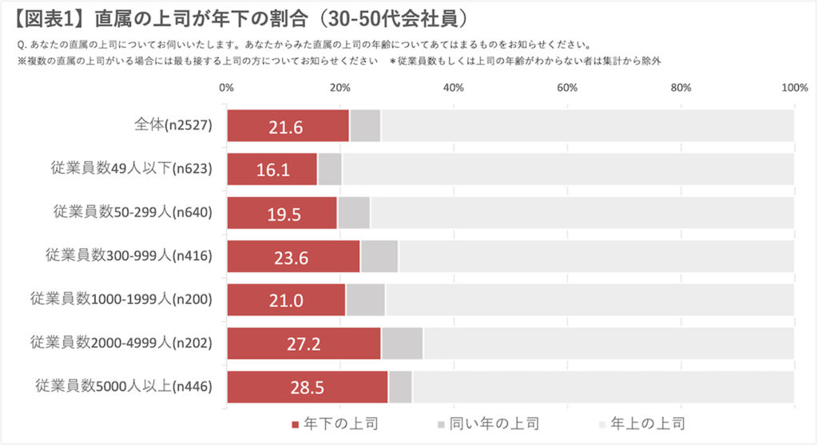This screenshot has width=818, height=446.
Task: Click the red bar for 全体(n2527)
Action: tap(288, 126)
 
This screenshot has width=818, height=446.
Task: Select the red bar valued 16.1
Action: tap(272, 169)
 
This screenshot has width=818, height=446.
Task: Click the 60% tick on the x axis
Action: tap(567, 88)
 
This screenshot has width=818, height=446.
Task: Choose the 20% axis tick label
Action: tap(340, 88)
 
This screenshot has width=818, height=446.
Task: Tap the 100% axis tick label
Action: tap(794, 88)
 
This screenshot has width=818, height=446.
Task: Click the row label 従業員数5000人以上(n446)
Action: tap(125, 387)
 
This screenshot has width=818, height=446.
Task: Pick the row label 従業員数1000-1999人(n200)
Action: tap(121, 300)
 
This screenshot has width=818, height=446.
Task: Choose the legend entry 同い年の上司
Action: tap(483, 423)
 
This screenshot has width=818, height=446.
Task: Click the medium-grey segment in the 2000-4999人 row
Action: tap(402, 344)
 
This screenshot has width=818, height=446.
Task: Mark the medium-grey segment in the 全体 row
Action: tap(365, 126)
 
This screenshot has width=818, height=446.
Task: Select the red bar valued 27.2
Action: tap(304, 344)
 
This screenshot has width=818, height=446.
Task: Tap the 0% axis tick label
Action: tap(226, 88)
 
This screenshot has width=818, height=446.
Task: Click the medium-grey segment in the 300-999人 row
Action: tap(379, 257)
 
